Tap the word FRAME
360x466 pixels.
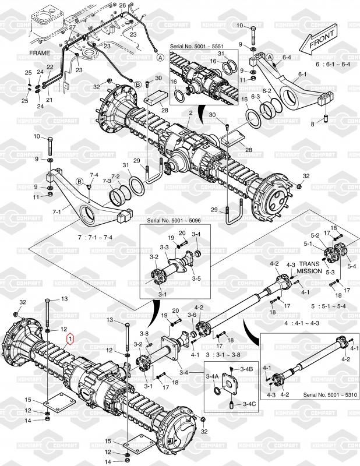40,52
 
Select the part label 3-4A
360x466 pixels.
213,377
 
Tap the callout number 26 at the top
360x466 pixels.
122,5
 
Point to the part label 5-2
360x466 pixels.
315,236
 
